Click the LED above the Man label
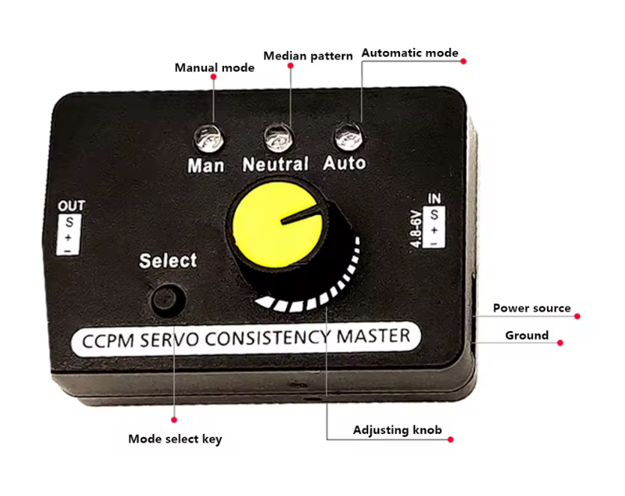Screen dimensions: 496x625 click(x=206, y=137)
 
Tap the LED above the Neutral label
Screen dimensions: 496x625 click(x=276, y=136)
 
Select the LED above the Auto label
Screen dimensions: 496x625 click(x=345, y=136)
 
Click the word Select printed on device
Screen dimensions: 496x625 click(x=168, y=261)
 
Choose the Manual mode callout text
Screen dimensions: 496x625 click(x=214, y=67)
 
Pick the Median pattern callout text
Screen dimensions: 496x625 click(x=308, y=56)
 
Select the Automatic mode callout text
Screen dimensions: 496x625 click(x=410, y=53)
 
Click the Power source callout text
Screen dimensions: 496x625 click(x=531, y=308)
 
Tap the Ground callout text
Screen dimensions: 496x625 click(x=526, y=335)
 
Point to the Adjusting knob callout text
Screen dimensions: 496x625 click(x=397, y=430)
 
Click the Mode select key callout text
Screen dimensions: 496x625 click(x=175, y=438)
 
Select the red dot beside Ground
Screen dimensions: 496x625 click(x=560, y=342)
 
